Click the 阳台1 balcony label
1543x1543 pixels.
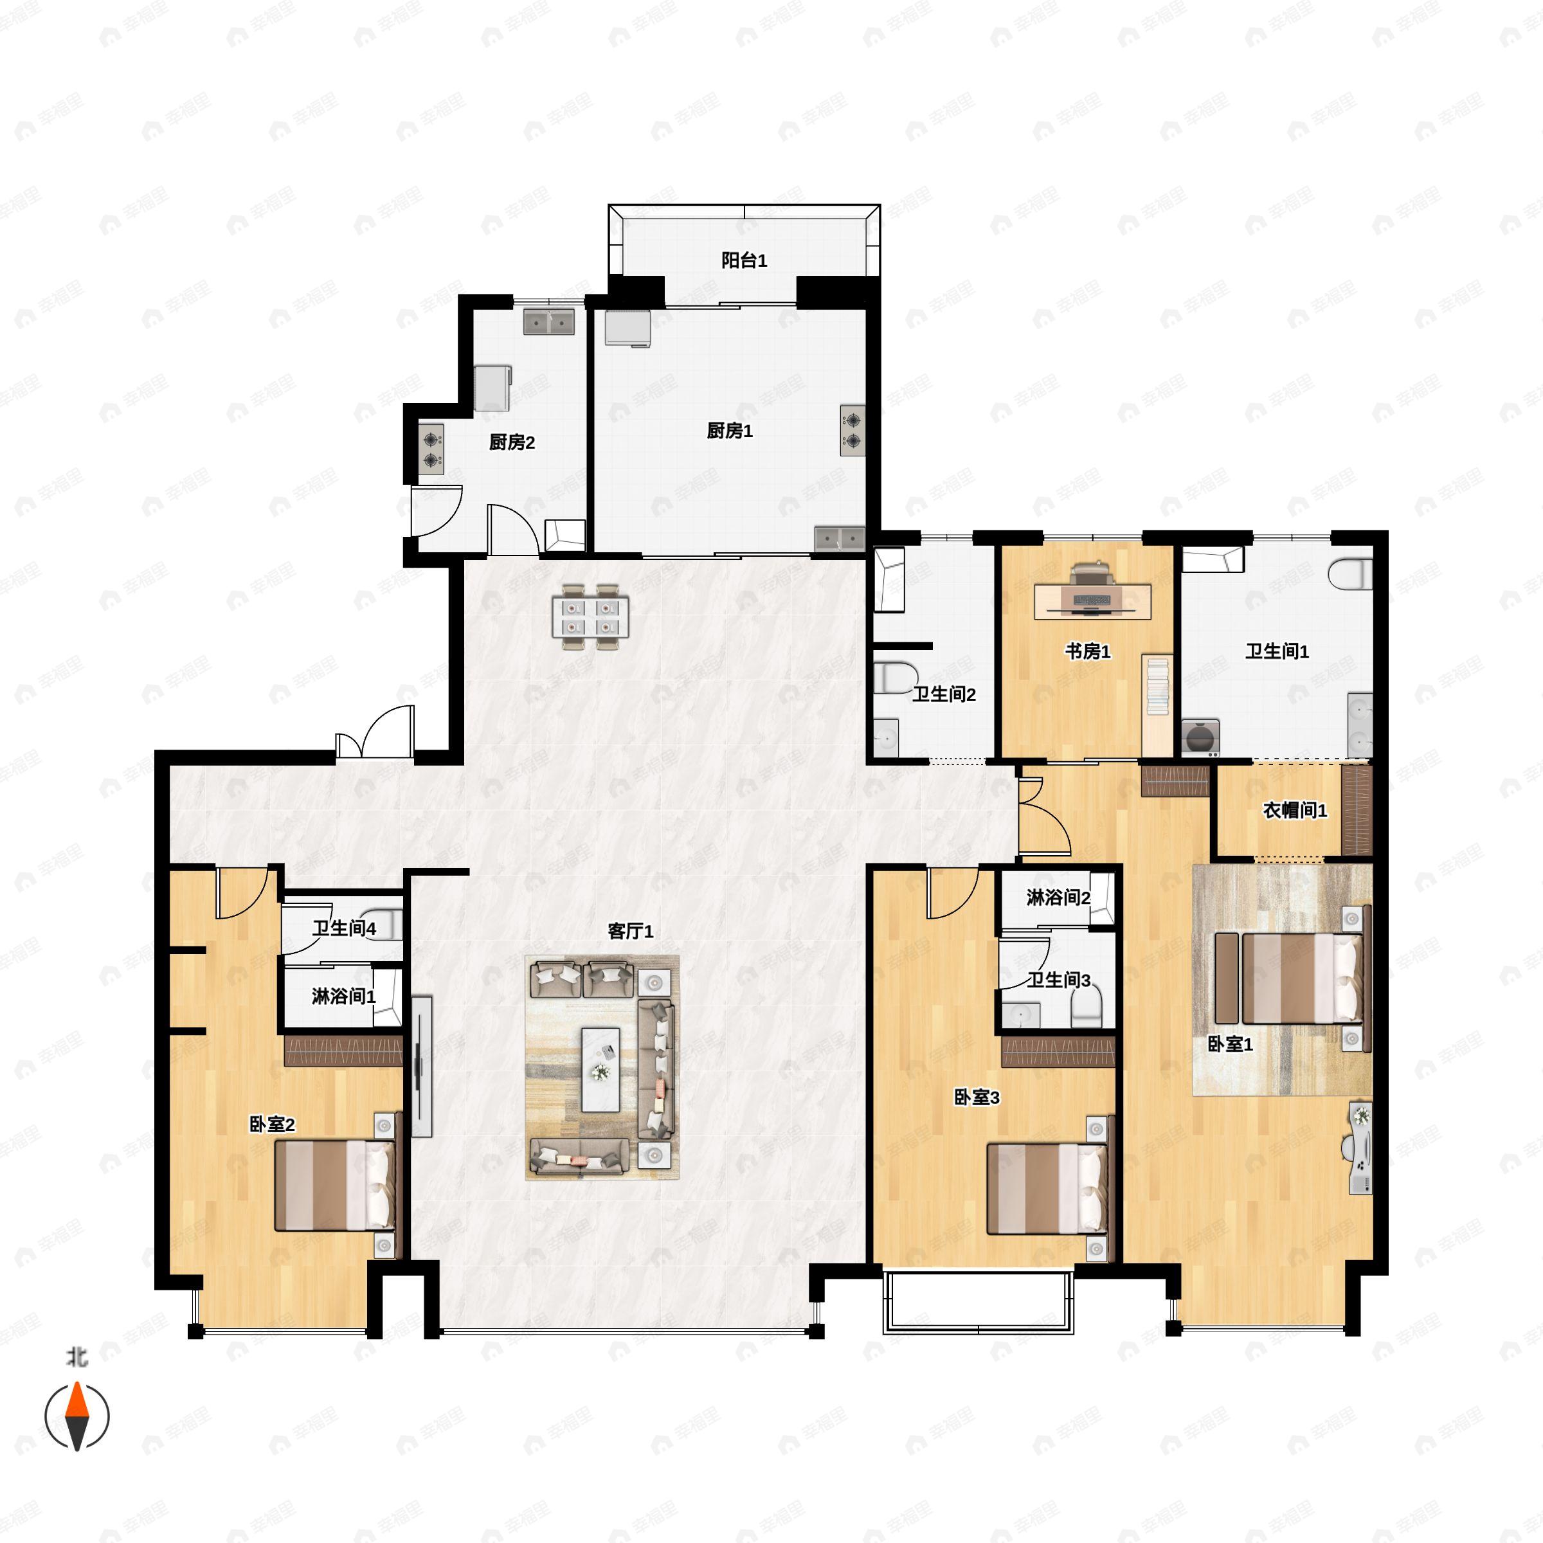point(744,260)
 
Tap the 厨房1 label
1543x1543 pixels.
point(729,431)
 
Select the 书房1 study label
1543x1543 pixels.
point(1087,652)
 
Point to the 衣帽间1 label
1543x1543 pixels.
point(1295,811)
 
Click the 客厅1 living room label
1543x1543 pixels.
point(630,931)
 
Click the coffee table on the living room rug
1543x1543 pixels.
point(600,1069)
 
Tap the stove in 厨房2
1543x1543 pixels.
point(432,449)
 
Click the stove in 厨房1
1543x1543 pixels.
point(852,431)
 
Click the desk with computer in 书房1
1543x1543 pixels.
point(1092,600)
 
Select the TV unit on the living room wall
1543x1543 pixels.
point(422,1065)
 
